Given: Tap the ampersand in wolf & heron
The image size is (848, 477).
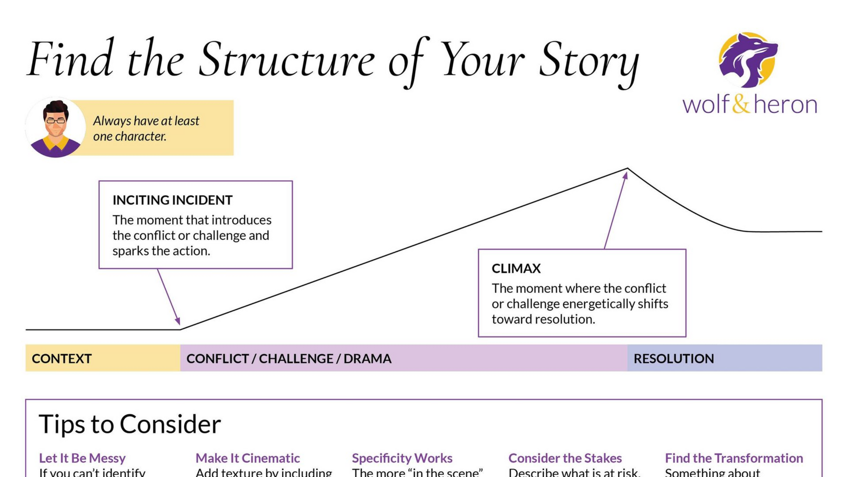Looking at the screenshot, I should (741, 104).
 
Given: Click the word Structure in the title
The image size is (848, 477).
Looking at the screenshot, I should (287, 60).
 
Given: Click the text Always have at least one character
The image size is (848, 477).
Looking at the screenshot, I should (146, 128).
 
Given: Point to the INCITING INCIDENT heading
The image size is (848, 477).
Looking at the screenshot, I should (172, 200).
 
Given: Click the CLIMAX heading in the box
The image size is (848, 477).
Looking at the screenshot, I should (516, 269).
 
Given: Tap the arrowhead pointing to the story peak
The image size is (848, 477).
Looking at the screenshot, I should (625, 176).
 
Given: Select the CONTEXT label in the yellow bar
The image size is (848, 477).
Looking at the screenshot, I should (62, 358).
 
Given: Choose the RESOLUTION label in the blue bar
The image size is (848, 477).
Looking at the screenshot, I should (674, 358).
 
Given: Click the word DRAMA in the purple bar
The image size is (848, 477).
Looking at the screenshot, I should (367, 358).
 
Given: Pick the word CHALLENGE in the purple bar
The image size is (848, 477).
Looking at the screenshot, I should (296, 358).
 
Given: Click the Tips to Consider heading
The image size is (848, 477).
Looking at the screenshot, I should (130, 424).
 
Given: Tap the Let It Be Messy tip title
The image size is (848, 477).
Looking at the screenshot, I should (82, 458).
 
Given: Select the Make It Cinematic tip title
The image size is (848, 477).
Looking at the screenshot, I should (247, 458).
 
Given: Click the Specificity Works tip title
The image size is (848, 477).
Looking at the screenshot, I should (402, 458).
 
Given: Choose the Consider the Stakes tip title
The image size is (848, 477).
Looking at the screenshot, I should (565, 458).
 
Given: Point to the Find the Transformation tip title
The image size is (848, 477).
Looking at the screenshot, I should (734, 458).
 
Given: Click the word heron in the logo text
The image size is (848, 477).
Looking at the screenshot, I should (785, 104).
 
